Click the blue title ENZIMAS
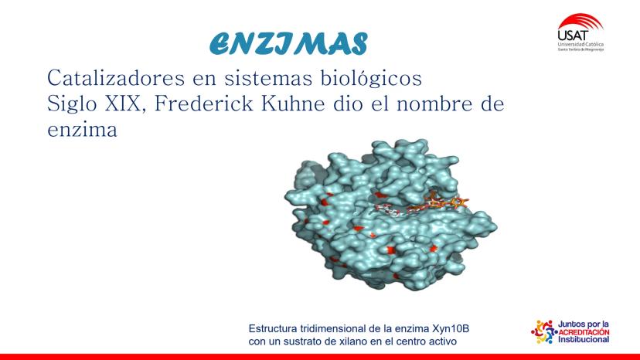click(x=288, y=44)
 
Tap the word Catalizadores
click(x=116, y=77)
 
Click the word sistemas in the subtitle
click(x=268, y=78)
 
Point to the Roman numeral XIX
click(x=126, y=104)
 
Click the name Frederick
click(x=204, y=104)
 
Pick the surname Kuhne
click(x=293, y=104)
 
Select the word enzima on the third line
click(x=82, y=129)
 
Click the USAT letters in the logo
click(x=574, y=35)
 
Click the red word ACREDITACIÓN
click(x=584, y=332)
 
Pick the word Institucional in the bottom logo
click(x=584, y=340)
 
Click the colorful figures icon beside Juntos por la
click(x=543, y=331)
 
